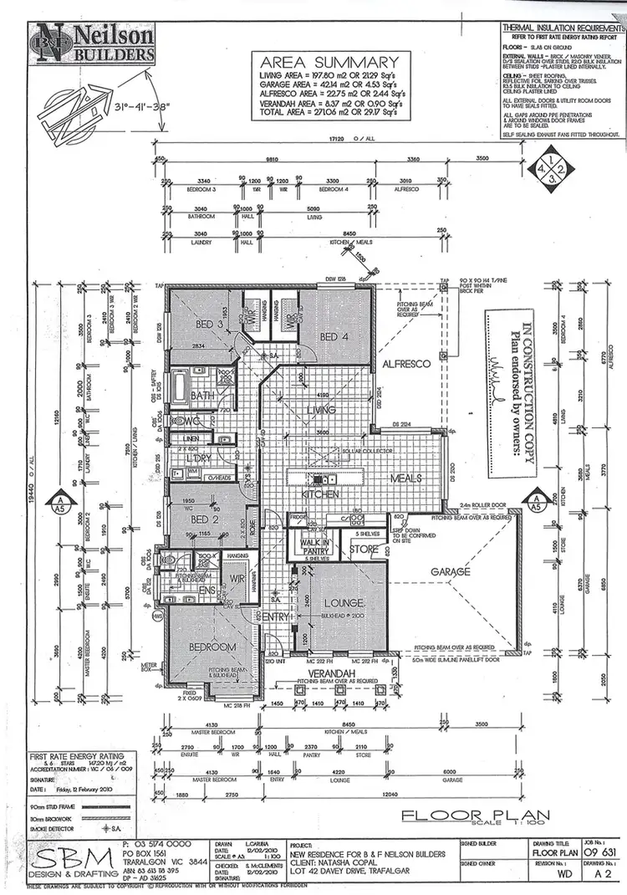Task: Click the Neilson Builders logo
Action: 94,43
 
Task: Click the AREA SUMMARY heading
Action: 329,63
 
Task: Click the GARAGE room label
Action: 451,571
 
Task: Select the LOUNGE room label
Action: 344,602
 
